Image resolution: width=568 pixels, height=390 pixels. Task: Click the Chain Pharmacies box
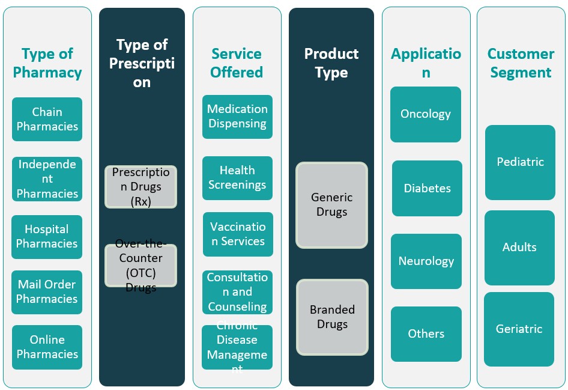tap(47, 119)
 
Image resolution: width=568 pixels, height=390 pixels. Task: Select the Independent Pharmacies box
tap(47, 179)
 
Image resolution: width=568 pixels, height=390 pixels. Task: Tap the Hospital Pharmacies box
tap(47, 237)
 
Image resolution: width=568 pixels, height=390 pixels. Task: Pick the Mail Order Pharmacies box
tap(47, 292)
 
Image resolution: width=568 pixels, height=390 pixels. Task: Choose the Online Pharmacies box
tap(47, 347)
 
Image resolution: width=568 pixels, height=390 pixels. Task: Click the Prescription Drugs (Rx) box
tap(141, 187)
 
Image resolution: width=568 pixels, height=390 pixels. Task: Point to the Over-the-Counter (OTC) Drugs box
tap(141, 265)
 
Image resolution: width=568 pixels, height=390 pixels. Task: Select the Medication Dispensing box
tap(237, 117)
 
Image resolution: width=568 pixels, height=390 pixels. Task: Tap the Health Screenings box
tap(237, 178)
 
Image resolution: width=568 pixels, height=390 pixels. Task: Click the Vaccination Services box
tap(237, 234)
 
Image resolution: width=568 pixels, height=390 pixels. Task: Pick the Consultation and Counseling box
tap(237, 292)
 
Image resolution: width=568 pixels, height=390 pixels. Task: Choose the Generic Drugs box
tap(331, 205)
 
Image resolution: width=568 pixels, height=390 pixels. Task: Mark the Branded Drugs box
tap(332, 317)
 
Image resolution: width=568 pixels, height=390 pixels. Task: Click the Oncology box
tap(426, 114)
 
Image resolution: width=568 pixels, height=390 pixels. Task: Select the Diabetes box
tap(427, 188)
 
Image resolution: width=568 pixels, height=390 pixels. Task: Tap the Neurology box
tap(426, 261)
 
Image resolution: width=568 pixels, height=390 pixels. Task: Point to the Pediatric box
tap(520, 162)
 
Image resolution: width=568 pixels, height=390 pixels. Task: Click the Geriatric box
tap(519, 329)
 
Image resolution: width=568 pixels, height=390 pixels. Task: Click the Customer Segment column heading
tap(521, 63)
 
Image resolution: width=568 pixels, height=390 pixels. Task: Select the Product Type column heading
tap(331, 63)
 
